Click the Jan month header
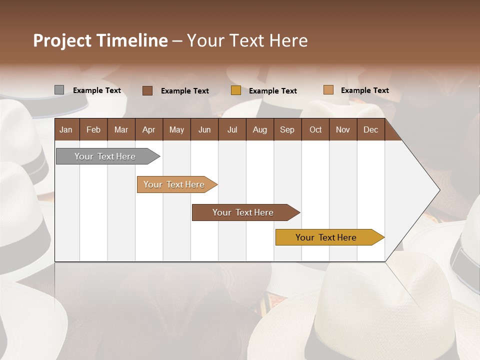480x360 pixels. point(66,129)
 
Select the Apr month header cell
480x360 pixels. point(149,129)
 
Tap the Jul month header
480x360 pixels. point(232,129)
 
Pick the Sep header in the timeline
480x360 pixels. point(287,129)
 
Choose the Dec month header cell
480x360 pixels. point(370,129)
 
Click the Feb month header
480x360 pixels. point(93,129)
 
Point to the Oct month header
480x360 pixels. point(315,129)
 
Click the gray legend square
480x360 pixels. point(59,90)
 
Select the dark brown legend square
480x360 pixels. point(147,90)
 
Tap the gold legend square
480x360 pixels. point(236,90)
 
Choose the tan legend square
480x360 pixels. point(328,90)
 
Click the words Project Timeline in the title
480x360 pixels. point(100,40)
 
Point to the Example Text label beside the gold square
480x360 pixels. point(273,91)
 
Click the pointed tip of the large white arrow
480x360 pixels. point(438,190)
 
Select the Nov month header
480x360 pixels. point(343,129)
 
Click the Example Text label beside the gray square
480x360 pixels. point(97,90)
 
